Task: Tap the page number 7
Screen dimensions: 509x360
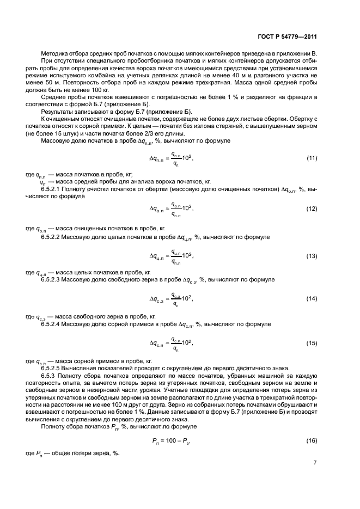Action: [315, 463]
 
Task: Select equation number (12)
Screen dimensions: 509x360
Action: [311, 208]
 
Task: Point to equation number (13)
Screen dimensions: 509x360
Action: [311, 255]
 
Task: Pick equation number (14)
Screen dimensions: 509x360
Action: [311, 299]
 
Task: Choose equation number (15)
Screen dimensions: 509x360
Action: [311, 343]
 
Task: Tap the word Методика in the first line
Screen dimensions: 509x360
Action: [53, 54]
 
